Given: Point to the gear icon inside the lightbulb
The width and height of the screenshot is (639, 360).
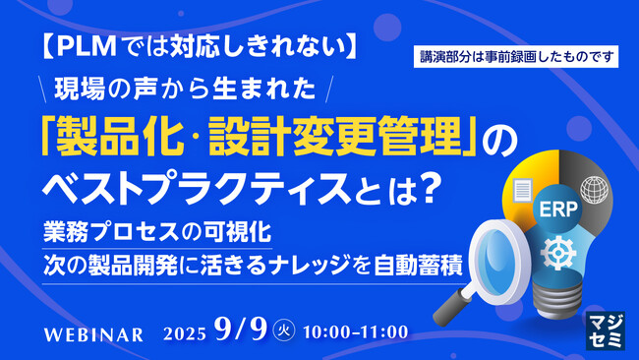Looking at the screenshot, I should (558, 252).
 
